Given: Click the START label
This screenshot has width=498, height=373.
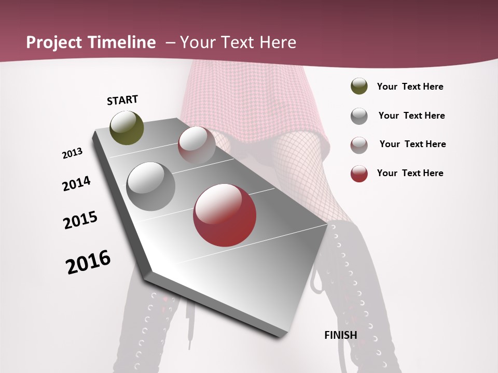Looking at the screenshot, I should [x=122, y=100].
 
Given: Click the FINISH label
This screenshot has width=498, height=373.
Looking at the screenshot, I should [x=340, y=335].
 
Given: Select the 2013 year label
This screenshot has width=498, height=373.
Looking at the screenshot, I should [x=72, y=153].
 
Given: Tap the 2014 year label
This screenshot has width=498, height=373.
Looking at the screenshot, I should [x=76, y=183].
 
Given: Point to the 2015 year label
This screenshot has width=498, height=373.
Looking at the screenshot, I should [x=80, y=220].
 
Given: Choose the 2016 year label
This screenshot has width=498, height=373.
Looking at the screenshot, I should [x=88, y=262].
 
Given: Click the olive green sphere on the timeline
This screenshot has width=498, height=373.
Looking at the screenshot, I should [x=127, y=128].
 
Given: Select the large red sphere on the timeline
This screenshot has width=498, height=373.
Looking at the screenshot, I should [x=224, y=215].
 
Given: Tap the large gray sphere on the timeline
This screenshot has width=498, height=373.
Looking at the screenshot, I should [x=151, y=187].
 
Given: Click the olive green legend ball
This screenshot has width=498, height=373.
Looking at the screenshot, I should [x=359, y=87].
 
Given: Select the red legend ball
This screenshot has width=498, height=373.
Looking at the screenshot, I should [x=359, y=174].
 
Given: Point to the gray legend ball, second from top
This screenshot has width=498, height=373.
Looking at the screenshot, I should [x=359, y=116].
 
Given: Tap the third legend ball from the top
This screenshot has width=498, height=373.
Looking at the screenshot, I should [x=359, y=145].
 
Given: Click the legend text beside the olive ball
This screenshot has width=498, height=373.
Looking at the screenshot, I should [x=410, y=87].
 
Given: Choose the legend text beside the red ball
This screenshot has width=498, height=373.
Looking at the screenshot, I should [x=410, y=173].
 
